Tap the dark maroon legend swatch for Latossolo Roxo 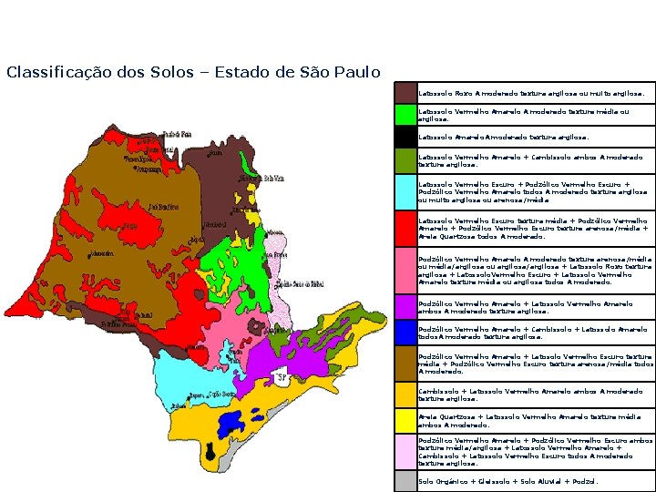click(x=405, y=93)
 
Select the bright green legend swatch click(x=405, y=115)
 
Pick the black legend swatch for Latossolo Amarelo click(x=405, y=137)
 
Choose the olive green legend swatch click(x=405, y=161)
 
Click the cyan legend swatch click(x=405, y=192)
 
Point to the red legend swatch click(x=405, y=229)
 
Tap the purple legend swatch click(x=405, y=307)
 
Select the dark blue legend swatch click(x=405, y=333)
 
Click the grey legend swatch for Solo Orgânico click(x=405, y=481)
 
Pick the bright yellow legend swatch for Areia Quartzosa click(x=405, y=421)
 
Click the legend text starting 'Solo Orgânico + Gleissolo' click(x=508, y=481)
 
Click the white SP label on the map click(x=282, y=378)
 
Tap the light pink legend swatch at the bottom click(x=405, y=452)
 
